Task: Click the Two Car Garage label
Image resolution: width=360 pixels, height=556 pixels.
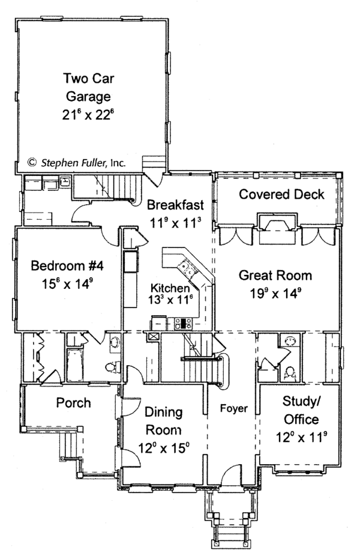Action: [89, 87]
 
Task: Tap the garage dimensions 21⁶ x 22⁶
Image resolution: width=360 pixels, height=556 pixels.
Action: [88, 115]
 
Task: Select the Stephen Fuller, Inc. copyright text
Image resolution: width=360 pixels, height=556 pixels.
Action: [77, 163]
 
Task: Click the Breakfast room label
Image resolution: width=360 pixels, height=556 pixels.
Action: [175, 205]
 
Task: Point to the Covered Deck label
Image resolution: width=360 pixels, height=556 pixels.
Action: [281, 195]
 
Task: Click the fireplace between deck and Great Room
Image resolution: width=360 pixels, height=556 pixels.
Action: [277, 229]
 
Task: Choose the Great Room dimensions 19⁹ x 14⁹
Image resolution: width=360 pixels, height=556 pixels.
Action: [275, 293]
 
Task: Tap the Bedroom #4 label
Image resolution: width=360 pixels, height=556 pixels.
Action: [67, 265]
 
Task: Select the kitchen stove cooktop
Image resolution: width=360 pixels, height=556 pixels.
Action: [183, 324]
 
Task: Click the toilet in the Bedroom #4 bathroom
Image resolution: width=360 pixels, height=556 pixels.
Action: [113, 367]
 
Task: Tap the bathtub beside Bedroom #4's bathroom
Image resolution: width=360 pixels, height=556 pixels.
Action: [75, 365]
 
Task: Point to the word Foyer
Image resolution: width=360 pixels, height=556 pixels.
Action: [233, 408]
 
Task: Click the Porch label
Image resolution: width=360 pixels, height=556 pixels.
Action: [74, 403]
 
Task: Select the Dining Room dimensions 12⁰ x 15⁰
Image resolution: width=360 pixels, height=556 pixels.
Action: [164, 448]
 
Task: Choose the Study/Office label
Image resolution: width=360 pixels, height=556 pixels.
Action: [302, 410]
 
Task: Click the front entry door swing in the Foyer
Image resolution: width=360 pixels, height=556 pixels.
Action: [232, 474]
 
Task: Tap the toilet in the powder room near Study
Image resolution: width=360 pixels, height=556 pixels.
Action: [290, 374]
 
